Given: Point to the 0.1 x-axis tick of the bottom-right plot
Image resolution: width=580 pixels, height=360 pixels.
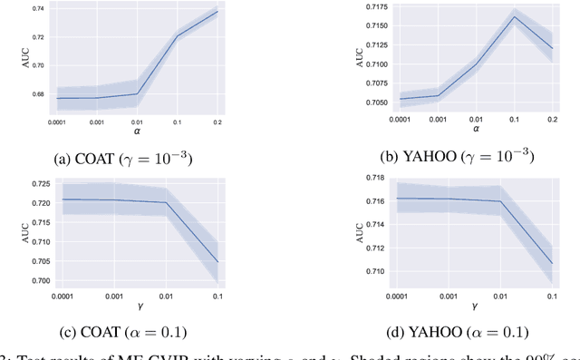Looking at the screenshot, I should point(550,296).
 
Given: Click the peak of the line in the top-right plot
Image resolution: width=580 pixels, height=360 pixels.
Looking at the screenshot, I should point(515,17).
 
